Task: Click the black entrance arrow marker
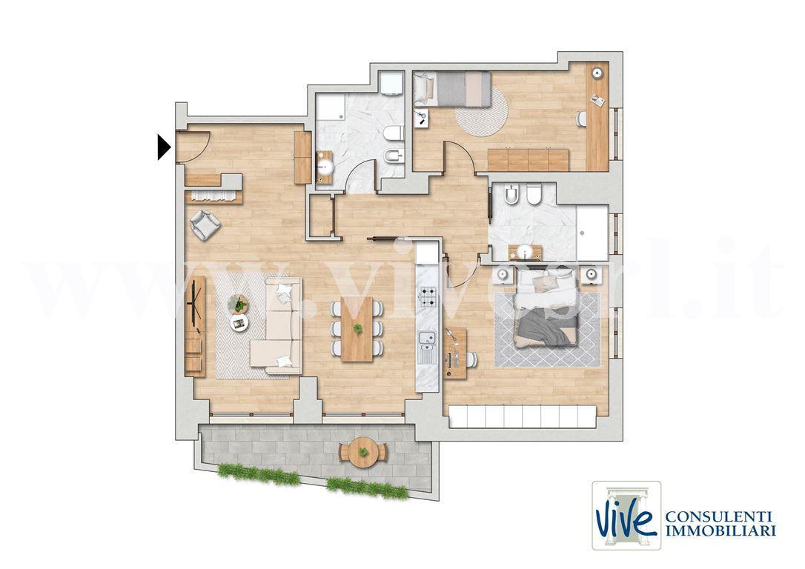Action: point(163,147)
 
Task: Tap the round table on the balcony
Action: point(363,452)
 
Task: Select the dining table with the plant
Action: point(357,329)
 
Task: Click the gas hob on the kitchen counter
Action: point(428,296)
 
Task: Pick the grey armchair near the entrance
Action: point(205,224)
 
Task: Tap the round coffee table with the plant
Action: point(238,304)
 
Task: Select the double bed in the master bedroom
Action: point(547,308)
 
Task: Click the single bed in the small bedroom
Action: point(452,89)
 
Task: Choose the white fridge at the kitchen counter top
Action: point(427,251)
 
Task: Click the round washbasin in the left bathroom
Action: point(325,166)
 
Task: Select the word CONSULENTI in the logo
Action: point(720,516)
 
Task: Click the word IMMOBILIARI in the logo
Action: point(720,530)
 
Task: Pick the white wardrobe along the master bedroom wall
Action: point(523,416)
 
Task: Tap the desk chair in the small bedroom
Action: point(581,119)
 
